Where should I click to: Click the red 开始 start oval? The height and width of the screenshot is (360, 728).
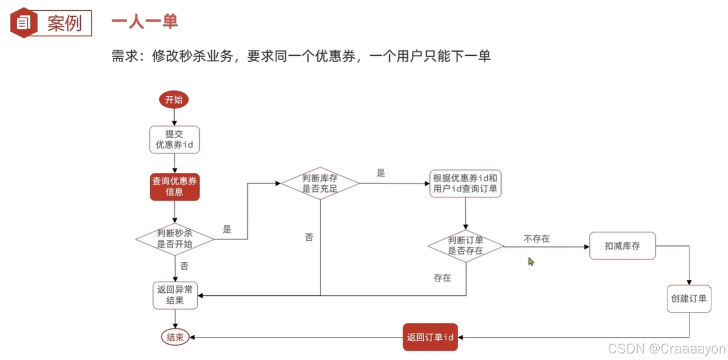pyautogui.click(x=174, y=100)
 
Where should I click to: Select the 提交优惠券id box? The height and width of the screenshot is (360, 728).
pyautogui.click(x=174, y=139)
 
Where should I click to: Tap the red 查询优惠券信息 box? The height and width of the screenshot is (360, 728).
pyautogui.click(x=174, y=187)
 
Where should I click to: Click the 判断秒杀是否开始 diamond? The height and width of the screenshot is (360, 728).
pyautogui.click(x=175, y=238)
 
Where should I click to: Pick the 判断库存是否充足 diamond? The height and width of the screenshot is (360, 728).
pyautogui.click(x=320, y=184)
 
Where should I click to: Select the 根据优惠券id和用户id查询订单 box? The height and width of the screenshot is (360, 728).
pyautogui.click(x=465, y=184)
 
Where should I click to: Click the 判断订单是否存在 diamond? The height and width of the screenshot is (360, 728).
pyautogui.click(x=465, y=245)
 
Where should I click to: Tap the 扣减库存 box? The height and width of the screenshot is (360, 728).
pyautogui.click(x=622, y=245)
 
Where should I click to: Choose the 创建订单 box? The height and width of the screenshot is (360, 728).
pyautogui.click(x=689, y=298)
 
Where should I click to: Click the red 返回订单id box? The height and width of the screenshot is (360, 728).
pyautogui.click(x=431, y=337)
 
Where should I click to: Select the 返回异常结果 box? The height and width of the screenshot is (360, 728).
pyautogui.click(x=175, y=295)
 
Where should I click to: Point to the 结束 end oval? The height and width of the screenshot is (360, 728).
pyautogui.click(x=175, y=337)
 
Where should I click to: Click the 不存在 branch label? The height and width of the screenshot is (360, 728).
pyautogui.click(x=537, y=239)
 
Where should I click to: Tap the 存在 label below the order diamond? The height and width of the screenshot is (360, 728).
pyautogui.click(x=442, y=277)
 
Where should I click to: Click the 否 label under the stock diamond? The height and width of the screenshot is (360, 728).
pyautogui.click(x=309, y=238)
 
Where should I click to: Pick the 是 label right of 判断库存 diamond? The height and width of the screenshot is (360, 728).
pyautogui.click(x=381, y=173)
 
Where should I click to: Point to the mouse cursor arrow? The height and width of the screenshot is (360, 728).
pyautogui.click(x=531, y=261)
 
